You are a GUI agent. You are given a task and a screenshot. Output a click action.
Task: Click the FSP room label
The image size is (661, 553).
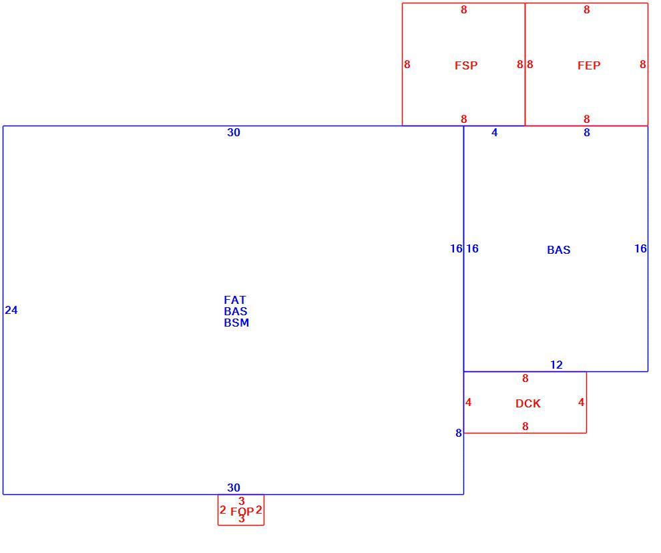[x=466, y=65]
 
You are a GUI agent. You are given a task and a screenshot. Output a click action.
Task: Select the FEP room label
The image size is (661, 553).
[x=589, y=65]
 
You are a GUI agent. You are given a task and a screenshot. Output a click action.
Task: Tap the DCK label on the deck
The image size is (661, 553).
[x=527, y=403]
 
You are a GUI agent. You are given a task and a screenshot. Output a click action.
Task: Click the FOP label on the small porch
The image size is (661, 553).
[x=242, y=512]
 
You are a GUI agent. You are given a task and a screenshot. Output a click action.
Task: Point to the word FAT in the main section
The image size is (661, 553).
[x=235, y=300]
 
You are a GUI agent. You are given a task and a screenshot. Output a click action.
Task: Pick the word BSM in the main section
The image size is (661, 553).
[x=236, y=323]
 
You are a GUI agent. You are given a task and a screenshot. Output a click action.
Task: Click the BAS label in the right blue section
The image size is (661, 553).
[x=559, y=250]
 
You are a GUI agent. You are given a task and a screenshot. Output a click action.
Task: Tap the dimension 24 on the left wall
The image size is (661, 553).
[x=11, y=311]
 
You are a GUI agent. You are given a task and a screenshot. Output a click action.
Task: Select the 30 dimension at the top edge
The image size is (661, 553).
[x=234, y=132]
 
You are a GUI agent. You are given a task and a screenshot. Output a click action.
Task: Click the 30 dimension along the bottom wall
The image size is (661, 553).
[x=234, y=488]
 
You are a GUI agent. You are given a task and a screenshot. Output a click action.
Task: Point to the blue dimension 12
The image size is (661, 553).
[x=556, y=365]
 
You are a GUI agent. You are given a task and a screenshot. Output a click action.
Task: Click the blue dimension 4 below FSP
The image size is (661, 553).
[x=495, y=132]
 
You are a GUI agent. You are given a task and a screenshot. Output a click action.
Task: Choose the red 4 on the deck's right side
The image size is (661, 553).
[x=582, y=403]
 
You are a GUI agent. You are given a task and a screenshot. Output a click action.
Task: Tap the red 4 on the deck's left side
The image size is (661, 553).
[x=468, y=403]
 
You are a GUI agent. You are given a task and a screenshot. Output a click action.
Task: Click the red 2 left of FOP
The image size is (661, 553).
[x=222, y=510]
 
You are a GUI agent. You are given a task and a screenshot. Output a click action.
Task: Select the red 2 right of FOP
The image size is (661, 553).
[x=259, y=510]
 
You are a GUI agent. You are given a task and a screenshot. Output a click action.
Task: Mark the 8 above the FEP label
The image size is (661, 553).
[x=586, y=10]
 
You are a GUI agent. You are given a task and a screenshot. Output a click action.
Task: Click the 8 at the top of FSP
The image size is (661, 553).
[x=464, y=10]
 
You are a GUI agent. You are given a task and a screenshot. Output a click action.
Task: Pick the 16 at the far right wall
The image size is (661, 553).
[x=640, y=248]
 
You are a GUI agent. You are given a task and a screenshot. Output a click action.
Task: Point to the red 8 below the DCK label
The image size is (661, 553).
[x=525, y=427]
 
